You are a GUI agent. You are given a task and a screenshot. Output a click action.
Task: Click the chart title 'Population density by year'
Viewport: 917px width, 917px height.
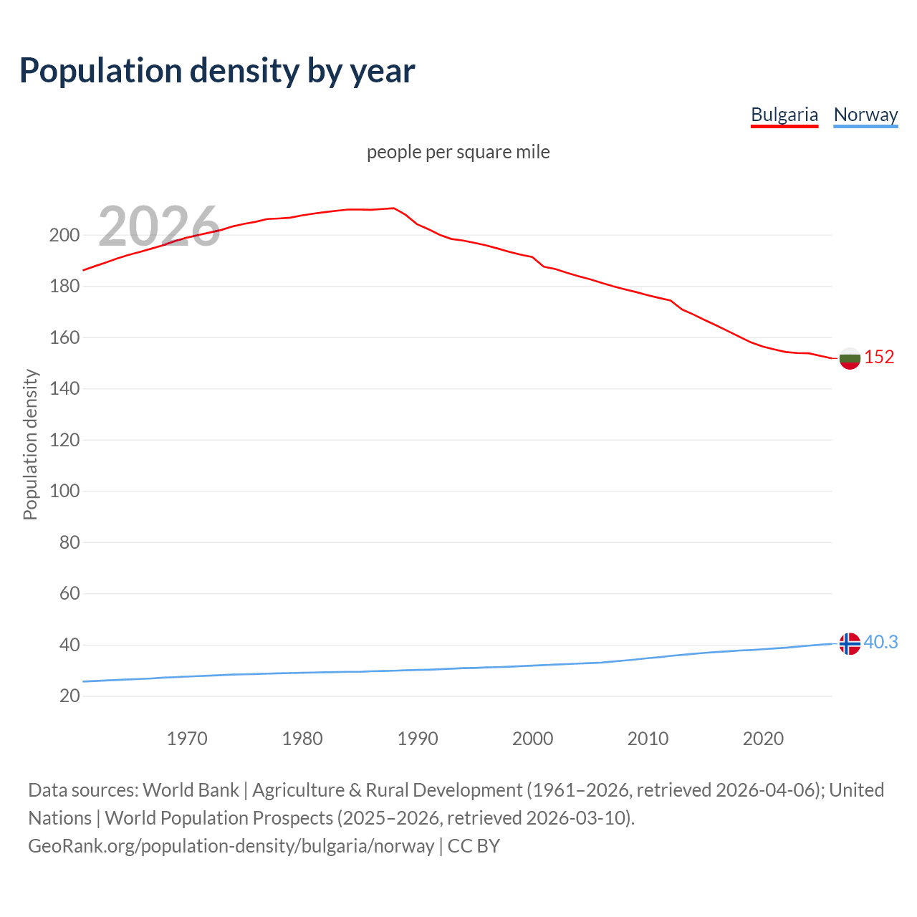point(217,70)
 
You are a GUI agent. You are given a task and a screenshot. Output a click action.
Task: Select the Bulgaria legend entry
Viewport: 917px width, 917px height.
point(784,115)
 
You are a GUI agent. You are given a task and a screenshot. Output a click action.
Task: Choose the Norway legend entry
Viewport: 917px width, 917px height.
point(865,115)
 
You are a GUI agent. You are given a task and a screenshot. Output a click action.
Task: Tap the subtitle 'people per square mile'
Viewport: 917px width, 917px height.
point(458,152)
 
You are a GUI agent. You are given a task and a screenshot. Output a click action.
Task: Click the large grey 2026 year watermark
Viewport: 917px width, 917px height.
point(159,226)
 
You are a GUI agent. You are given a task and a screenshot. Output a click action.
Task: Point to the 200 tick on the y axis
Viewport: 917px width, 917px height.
point(64,235)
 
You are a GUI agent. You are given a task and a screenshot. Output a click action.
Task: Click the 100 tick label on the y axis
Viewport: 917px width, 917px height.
point(64,491)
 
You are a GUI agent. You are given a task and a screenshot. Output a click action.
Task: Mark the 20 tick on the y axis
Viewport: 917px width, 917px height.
point(69,696)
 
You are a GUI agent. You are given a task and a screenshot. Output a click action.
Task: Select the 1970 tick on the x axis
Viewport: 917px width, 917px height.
point(187,739)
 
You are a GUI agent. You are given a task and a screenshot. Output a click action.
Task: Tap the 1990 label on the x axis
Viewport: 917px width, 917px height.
point(418,739)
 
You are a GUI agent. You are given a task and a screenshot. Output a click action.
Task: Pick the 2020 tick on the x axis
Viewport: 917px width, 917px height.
point(763,739)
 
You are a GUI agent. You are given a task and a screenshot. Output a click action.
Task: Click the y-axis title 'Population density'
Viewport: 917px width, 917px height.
point(30,444)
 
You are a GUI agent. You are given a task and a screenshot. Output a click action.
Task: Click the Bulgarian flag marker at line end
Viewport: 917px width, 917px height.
point(850,357)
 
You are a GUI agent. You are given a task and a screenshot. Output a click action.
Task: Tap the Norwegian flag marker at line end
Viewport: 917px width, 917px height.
point(850,643)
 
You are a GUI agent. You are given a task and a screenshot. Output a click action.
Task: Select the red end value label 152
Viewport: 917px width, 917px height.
point(879,357)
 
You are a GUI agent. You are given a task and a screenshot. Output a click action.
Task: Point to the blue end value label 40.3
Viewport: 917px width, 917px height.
point(880,643)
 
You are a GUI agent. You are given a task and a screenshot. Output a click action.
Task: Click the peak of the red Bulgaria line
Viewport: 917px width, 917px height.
point(393,208)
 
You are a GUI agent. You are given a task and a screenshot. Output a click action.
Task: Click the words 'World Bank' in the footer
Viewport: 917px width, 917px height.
point(191,789)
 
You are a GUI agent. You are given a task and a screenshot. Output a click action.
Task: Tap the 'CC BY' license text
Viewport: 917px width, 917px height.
point(474,846)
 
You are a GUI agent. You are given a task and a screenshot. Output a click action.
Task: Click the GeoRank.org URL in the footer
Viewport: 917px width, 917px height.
point(231,846)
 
